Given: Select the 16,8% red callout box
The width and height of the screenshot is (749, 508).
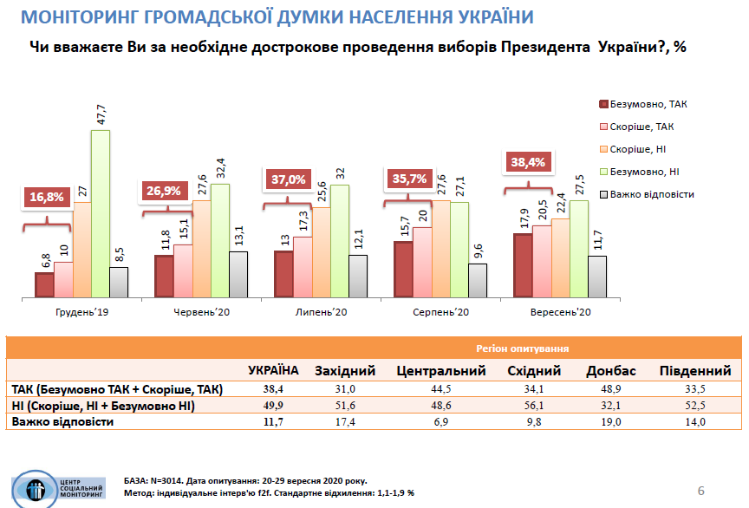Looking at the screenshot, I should tap(45, 197).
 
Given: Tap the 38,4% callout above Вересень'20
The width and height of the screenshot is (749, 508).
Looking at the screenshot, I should tap(529, 161).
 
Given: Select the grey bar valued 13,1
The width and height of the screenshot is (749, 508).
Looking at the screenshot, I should tap(238, 274).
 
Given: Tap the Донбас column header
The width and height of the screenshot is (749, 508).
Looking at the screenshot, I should tap(611, 371).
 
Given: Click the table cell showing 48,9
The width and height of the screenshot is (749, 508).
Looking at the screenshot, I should tap(611, 389).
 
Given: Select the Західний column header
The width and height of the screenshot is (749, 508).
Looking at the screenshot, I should tap(345, 371).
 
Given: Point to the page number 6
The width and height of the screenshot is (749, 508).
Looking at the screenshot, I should tap(701, 492).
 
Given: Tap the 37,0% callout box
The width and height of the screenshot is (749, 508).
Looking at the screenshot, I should tap(285, 179).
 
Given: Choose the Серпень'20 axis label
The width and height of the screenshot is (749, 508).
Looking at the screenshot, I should tap(440, 310).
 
